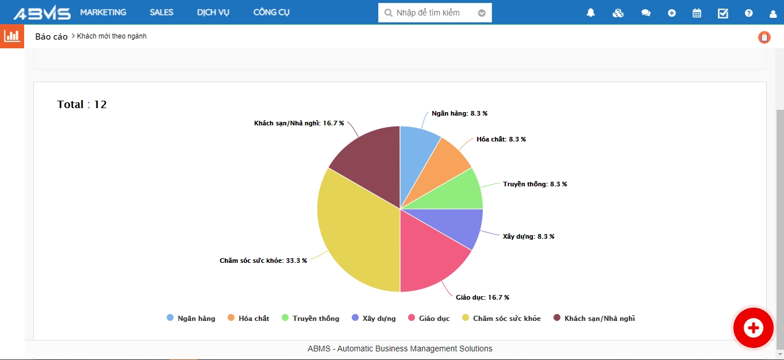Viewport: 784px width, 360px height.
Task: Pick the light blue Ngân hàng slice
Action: pyautogui.click(x=417, y=155)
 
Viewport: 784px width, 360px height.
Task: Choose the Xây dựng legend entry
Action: pyautogui.click(x=374, y=318)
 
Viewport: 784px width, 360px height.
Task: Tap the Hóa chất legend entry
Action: pyautogui.click(x=248, y=318)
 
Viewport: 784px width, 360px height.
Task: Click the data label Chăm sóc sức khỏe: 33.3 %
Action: pyautogui.click(x=263, y=261)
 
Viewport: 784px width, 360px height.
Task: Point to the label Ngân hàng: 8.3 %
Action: pyautogui.click(x=459, y=113)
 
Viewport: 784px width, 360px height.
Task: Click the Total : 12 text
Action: pyautogui.click(x=82, y=105)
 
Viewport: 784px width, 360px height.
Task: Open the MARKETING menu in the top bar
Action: pyautogui.click(x=103, y=12)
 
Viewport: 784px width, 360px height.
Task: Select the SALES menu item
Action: pyautogui.click(x=162, y=12)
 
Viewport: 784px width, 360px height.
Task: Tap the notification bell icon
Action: pyautogui.click(x=590, y=13)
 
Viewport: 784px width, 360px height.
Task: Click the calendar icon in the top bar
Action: pyautogui.click(x=697, y=13)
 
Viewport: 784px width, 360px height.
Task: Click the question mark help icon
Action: pyautogui.click(x=748, y=13)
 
